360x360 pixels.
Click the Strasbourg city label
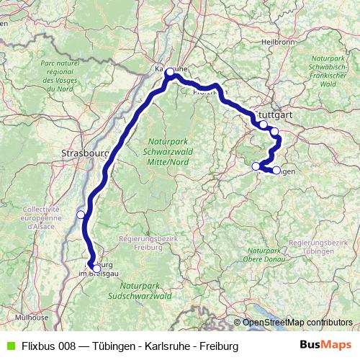[85, 153]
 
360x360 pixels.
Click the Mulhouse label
[34, 317]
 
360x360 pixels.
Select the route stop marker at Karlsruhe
[170, 72]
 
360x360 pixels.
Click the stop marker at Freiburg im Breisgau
[96, 269]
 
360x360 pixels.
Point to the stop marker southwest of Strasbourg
[81, 214]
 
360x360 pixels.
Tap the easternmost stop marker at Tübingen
[276, 170]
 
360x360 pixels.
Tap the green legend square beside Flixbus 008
[9, 346]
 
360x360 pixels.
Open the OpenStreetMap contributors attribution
[297, 322]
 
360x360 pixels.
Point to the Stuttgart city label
[275, 114]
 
